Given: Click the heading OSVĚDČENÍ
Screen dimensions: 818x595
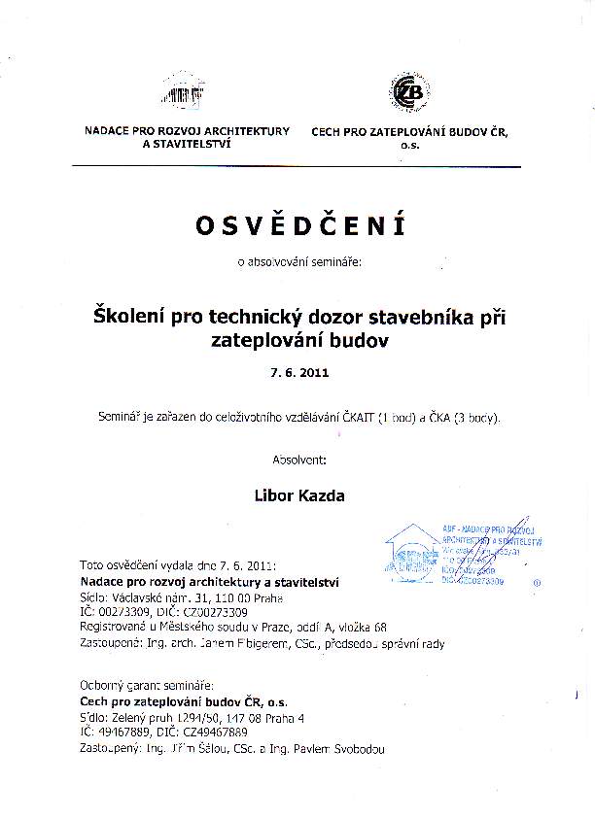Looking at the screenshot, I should click(298, 225).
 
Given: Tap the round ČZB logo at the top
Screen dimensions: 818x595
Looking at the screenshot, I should click(408, 92).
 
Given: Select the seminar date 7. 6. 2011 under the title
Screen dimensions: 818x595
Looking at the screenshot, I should click(298, 371).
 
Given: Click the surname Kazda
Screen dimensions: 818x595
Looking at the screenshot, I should click(324, 495).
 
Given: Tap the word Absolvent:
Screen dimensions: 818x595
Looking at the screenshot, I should click(297, 457).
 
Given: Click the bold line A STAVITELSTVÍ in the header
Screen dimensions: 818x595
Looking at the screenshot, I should click(187, 144).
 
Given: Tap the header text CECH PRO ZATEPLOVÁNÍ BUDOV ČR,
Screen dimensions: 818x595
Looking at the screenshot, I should click(409, 131).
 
